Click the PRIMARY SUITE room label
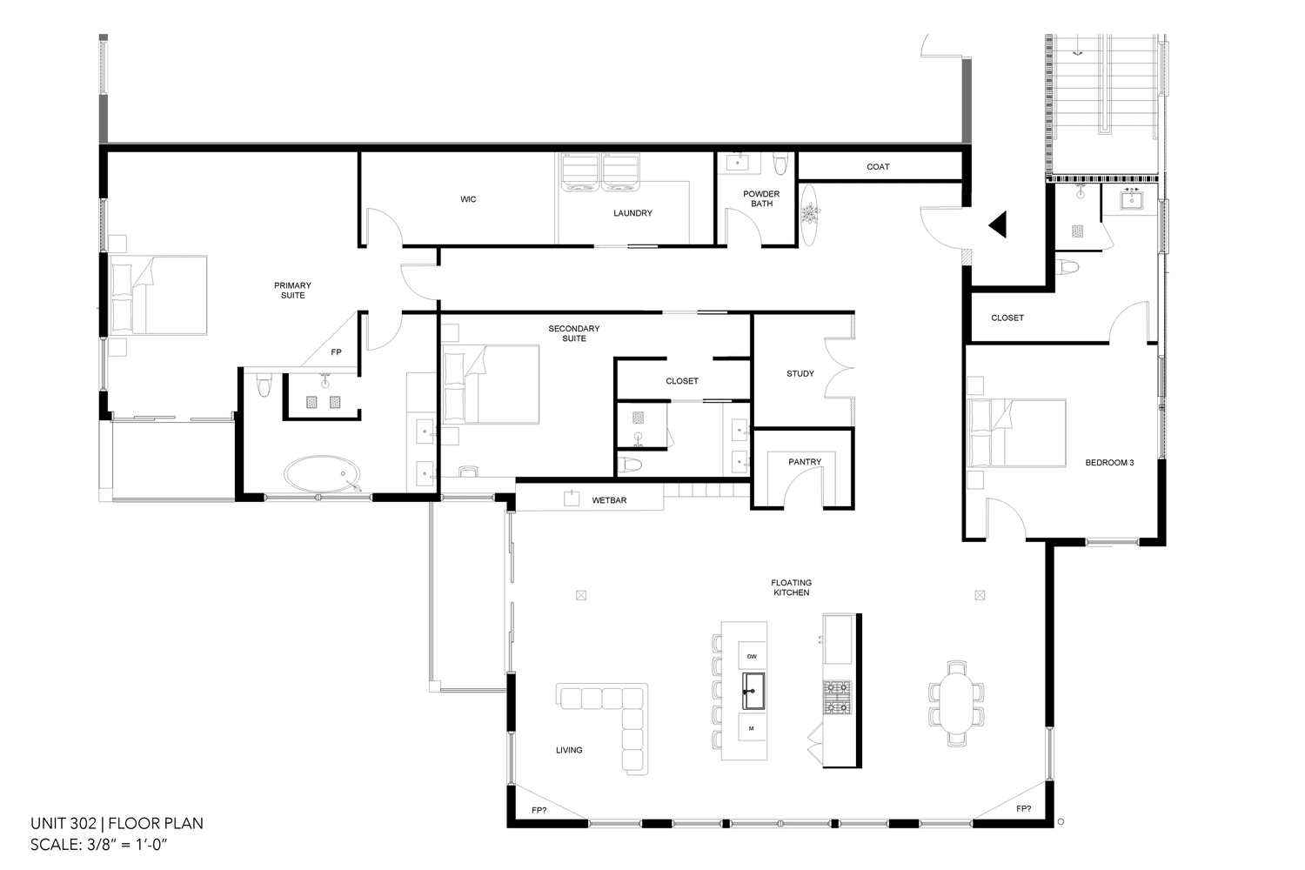(292, 291)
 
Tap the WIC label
(468, 199)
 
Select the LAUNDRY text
(632, 213)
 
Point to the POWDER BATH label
(761, 198)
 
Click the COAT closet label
(878, 167)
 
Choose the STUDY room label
(800, 373)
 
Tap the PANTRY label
(805, 461)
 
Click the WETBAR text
(609, 500)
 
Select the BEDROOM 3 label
(1109, 463)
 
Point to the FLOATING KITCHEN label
(791, 587)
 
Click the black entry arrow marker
(998, 224)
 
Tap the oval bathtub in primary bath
(322, 474)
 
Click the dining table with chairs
(956, 703)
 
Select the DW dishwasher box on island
(752, 656)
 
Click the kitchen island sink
(753, 691)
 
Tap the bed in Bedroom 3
(1016, 433)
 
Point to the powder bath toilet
(780, 163)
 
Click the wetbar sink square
(571, 499)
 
